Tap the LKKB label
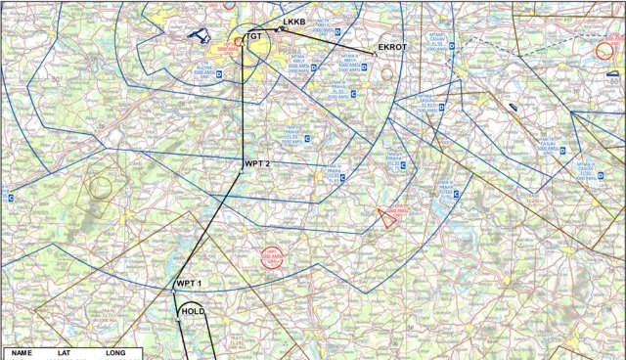(294, 22)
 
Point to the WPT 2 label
(257, 163)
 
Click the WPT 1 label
(188, 283)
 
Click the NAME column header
(22, 352)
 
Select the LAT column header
(66, 352)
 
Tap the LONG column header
(115, 352)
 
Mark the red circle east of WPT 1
(271, 258)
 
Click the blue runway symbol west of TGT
(200, 35)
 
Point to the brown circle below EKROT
(387, 73)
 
